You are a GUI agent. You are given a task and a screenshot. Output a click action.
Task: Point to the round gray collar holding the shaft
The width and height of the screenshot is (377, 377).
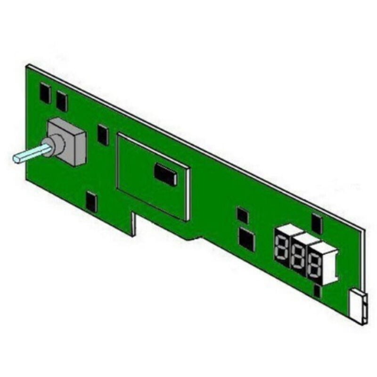click(x=55, y=145)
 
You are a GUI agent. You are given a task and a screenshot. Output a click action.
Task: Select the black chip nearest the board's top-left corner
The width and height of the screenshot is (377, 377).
click(x=45, y=93)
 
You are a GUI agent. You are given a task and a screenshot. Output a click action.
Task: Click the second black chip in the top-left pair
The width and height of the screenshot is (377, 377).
click(x=61, y=101)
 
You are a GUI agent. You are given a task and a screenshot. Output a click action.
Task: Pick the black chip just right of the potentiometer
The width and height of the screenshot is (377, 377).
click(x=103, y=135)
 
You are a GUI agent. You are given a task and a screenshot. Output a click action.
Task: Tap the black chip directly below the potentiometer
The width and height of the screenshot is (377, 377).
click(x=92, y=202)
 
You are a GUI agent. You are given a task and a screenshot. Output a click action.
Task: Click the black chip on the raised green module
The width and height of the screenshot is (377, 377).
click(x=165, y=174)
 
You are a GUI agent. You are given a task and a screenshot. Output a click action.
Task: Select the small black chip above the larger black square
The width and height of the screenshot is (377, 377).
click(x=242, y=215)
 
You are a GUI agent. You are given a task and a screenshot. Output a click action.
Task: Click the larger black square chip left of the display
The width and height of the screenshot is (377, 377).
click(x=246, y=239)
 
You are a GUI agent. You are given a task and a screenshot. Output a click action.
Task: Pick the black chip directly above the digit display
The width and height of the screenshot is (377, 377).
click(x=317, y=224)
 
